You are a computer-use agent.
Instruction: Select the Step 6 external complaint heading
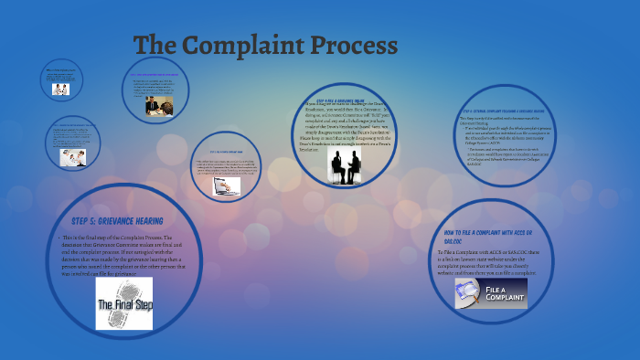click(x=504, y=111)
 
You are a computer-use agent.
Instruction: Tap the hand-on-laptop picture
click(x=227, y=185)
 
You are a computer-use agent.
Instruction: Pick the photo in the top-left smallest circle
click(x=60, y=90)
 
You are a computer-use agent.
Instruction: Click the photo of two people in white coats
click(x=72, y=158)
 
